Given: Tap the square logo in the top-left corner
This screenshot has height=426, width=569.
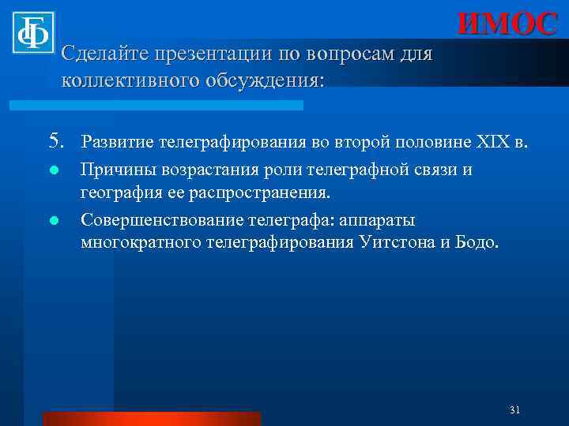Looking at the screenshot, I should [32, 32].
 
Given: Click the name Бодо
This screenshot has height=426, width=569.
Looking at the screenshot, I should [479, 241].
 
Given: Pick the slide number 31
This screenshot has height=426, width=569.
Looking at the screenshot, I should [514, 409].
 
